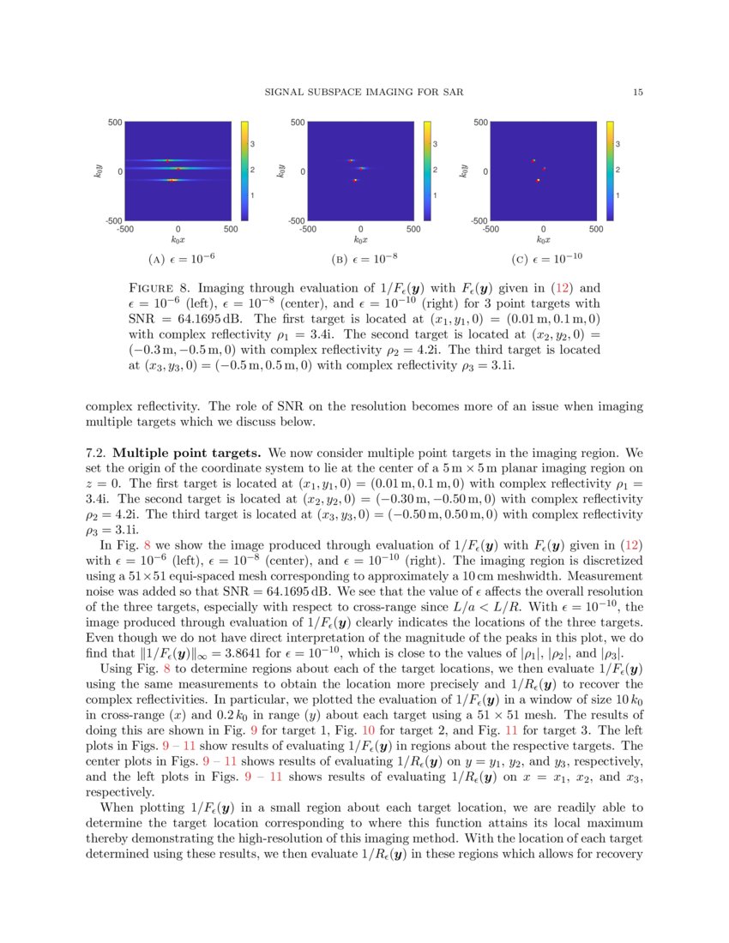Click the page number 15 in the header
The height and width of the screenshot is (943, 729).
pyautogui.click(x=638, y=93)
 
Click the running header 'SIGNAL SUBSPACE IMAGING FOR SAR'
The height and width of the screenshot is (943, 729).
pyautogui.click(x=364, y=93)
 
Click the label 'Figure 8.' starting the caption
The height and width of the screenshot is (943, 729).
pyautogui.click(x=157, y=288)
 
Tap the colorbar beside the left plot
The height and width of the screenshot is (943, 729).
pyautogui.click(x=244, y=171)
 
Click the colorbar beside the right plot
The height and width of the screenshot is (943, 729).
pyautogui.click(x=610, y=171)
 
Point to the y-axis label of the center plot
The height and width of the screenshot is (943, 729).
pyautogui.click(x=280, y=171)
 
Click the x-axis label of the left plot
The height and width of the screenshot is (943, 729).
pyautogui.click(x=177, y=240)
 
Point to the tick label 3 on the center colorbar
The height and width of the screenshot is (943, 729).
pyautogui.click(x=435, y=144)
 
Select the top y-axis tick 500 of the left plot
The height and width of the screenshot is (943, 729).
pyautogui.click(x=115, y=123)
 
